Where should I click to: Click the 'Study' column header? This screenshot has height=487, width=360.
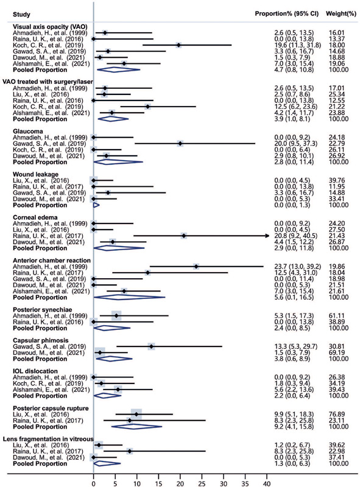click(x=21, y=15)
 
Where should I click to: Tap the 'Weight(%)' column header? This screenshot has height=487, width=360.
click(x=341, y=13)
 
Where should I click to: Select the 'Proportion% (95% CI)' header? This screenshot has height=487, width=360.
click(x=287, y=13)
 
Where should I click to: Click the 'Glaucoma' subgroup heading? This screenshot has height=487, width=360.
click(x=28, y=131)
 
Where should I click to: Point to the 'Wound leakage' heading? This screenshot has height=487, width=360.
click(x=35, y=175)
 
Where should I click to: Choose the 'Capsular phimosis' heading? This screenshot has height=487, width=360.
click(x=40, y=340)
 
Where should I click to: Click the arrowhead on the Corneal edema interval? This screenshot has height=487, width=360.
click(x=267, y=236)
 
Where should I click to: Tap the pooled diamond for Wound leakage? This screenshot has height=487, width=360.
click(x=96, y=205)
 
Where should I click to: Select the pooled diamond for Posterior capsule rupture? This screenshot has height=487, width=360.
click(x=136, y=427)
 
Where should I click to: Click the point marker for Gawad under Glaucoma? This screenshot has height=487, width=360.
click(x=180, y=144)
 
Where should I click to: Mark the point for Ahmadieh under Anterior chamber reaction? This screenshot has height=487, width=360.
click(x=196, y=267)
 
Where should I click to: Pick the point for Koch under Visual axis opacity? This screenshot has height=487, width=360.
click(x=178, y=45)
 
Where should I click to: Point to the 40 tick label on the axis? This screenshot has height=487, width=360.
click(x=267, y=483)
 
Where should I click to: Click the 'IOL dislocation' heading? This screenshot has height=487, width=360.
click(x=35, y=371)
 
